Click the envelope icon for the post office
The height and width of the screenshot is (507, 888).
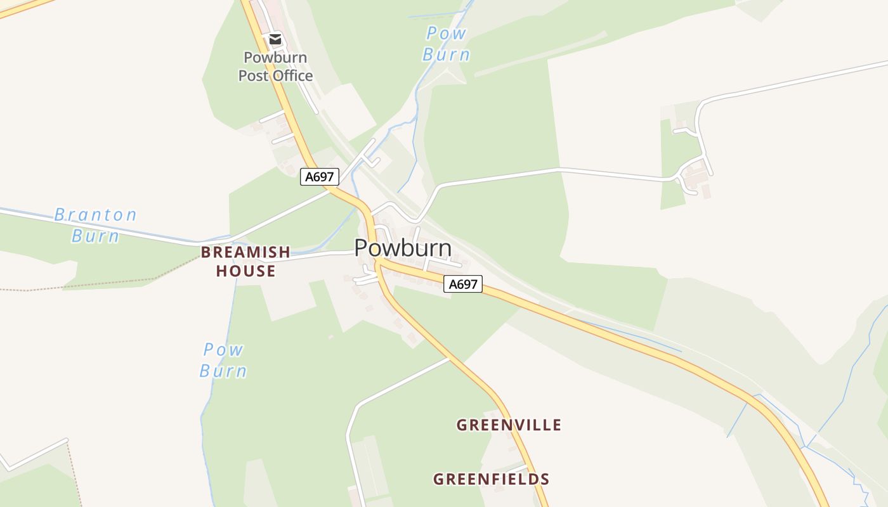[x=275, y=39]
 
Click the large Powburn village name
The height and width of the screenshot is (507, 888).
[x=403, y=248]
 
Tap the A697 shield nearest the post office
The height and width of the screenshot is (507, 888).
[x=320, y=176]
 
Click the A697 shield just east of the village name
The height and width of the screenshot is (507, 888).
[x=462, y=284]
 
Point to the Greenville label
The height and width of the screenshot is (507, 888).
[x=509, y=425]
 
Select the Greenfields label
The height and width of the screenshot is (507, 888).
[x=491, y=479]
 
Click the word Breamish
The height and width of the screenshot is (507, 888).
[x=245, y=252]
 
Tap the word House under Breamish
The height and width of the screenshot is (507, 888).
[x=245, y=271]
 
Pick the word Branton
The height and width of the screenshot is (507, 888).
[x=95, y=215]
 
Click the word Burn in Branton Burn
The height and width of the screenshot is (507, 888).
[x=95, y=236]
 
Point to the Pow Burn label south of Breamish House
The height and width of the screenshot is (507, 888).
[x=223, y=359]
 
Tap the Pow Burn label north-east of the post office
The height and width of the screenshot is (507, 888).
[x=447, y=44]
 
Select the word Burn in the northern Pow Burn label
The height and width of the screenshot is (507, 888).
[x=447, y=55]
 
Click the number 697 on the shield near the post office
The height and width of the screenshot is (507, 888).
[x=323, y=176]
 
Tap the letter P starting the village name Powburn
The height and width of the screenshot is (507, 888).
[x=362, y=248]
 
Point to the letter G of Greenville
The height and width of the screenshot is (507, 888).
[x=462, y=425]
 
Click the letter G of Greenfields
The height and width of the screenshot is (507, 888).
[x=439, y=479]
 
